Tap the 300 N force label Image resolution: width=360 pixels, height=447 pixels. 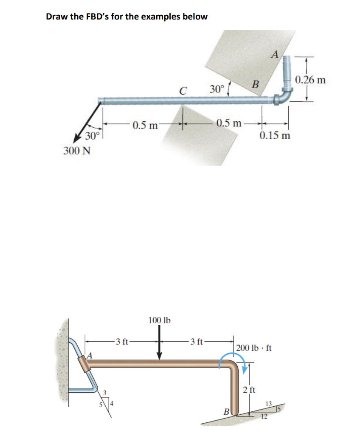[x=76, y=151]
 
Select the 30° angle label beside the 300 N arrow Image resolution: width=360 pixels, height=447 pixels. [x=92, y=136]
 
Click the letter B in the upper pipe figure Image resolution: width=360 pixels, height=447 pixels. [x=255, y=84]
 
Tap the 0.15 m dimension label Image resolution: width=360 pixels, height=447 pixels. [x=275, y=136]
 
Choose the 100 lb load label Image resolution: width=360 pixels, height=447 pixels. [x=159, y=320]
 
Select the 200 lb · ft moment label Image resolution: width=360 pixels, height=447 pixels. [x=254, y=348]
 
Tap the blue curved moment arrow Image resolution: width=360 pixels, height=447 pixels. [x=233, y=359]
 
